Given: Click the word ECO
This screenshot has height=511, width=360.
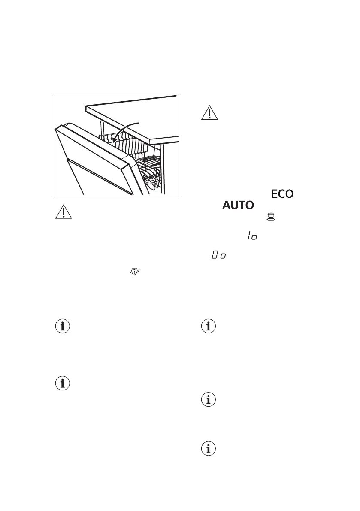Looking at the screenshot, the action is pyautogui.click(x=282, y=194).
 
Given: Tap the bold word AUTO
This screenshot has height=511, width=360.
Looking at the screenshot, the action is pyautogui.click(x=238, y=206).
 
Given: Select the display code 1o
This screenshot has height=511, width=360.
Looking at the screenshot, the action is pyautogui.click(x=251, y=236).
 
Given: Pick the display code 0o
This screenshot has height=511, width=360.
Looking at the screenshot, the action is pyautogui.click(x=219, y=255).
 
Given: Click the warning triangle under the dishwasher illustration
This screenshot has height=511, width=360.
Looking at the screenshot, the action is pyautogui.click(x=63, y=212).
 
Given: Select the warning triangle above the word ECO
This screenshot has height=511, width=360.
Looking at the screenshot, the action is pyautogui.click(x=210, y=112).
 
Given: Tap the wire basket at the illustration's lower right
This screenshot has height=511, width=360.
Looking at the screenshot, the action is pyautogui.click(x=152, y=176).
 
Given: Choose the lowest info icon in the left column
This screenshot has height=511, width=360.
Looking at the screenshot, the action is pyautogui.click(x=63, y=384).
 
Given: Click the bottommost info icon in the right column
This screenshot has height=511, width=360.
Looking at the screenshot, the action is pyautogui.click(x=210, y=449).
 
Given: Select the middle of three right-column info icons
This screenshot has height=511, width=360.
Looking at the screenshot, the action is pyautogui.click(x=210, y=400).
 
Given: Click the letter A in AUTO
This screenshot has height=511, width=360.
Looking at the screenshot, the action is pyautogui.click(x=227, y=206).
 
